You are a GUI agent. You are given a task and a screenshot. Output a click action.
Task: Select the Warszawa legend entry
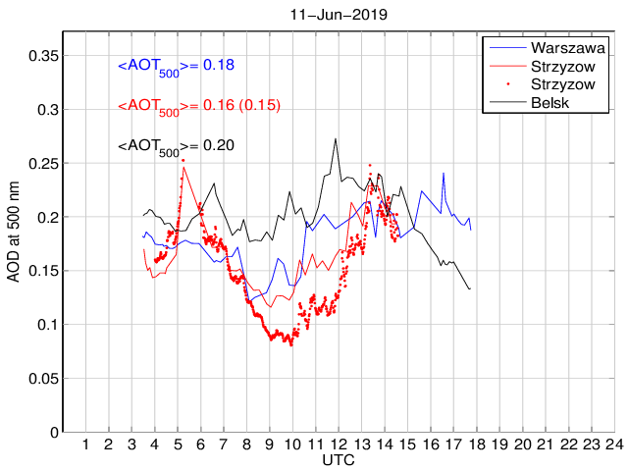566,47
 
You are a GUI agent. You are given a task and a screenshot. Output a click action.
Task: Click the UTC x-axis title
338,459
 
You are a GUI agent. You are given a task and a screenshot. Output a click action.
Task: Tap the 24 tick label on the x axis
614,445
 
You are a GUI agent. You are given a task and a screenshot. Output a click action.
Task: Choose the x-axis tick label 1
86,445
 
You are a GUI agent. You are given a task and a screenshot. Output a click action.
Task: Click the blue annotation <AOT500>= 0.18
176,66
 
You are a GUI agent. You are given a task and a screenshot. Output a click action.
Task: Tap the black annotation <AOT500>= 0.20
176,146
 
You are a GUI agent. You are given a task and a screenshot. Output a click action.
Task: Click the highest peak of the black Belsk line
336,138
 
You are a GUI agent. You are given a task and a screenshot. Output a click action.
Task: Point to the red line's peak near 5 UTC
183,161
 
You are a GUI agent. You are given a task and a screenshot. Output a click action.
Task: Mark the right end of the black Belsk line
470,288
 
